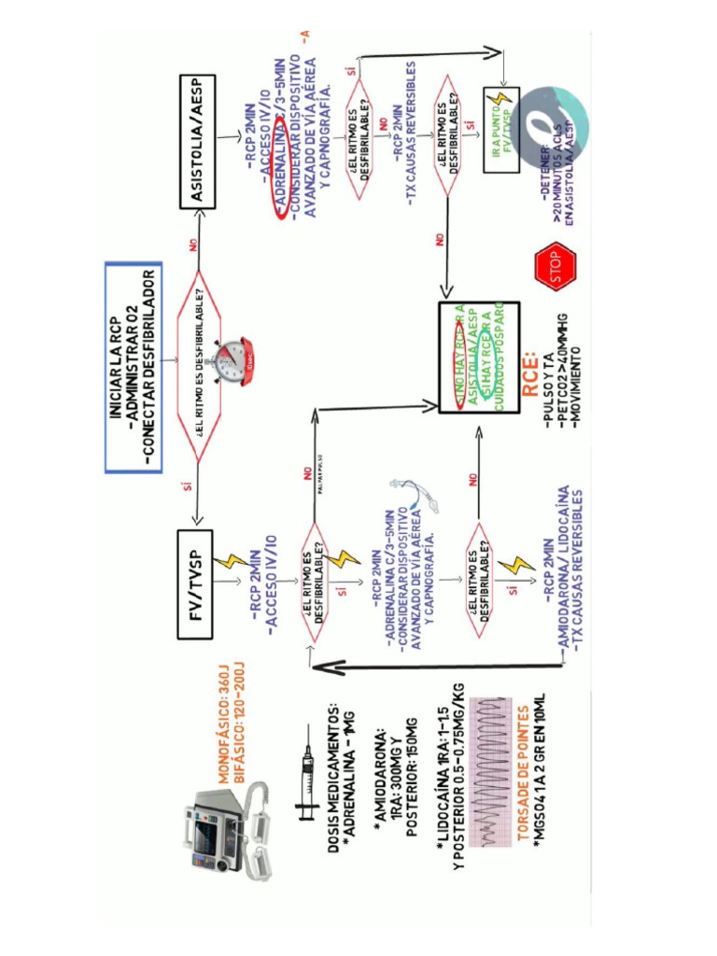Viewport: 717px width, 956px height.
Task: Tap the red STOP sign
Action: coord(555,265)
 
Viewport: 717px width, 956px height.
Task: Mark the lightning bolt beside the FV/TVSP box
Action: coord(231,562)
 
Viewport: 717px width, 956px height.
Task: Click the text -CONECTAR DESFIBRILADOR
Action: coord(148,365)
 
